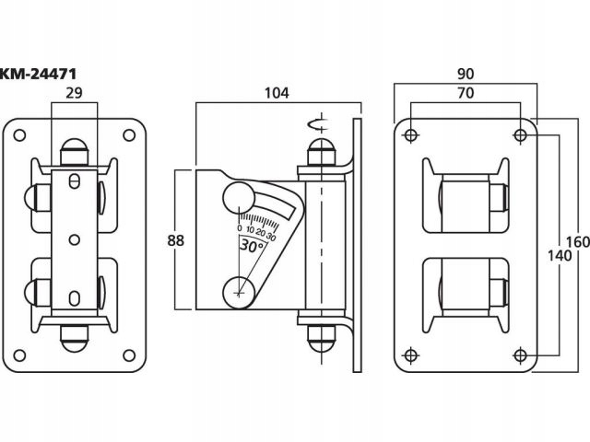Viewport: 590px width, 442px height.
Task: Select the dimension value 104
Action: (277, 92)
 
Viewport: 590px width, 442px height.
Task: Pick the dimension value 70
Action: (465, 92)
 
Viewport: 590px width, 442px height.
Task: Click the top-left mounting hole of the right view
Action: (409, 136)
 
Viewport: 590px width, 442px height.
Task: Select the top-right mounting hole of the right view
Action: (521, 136)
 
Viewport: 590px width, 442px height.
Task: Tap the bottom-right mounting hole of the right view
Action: (521, 355)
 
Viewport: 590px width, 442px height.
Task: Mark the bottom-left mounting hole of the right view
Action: (409, 355)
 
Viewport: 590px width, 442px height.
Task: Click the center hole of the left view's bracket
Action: (73, 239)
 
